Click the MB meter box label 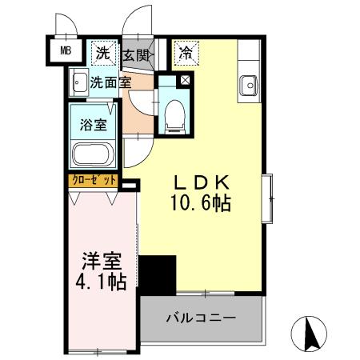pos(66,50)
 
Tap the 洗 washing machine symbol pos(103,53)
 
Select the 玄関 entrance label pos(137,55)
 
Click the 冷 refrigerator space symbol pos(186,53)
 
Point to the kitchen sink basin pos(249,86)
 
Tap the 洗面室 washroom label pos(110,82)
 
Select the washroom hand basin pos(78,82)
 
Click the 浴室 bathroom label pos(94,124)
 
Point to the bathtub pos(94,154)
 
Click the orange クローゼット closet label pos(93,181)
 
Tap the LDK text pos(202,182)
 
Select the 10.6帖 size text pos(201,202)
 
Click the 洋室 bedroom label pos(102,261)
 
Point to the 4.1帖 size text pos(101,282)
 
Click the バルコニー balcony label pos(201,318)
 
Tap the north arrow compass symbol pos(309,334)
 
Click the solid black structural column pos(158,275)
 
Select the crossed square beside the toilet pos(186,80)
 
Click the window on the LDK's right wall pos(267,198)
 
